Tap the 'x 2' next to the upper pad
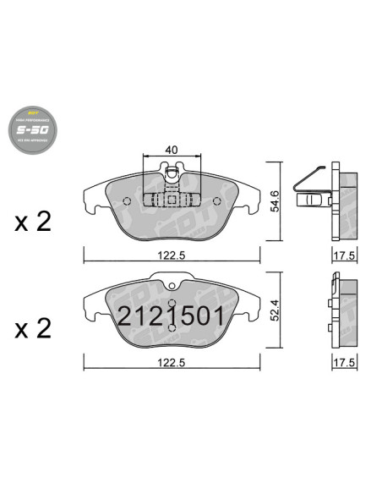33,222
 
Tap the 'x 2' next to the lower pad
33,328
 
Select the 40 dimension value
172,149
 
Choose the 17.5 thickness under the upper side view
341,253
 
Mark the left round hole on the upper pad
127,201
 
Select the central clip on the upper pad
172,200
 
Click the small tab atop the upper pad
172,173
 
